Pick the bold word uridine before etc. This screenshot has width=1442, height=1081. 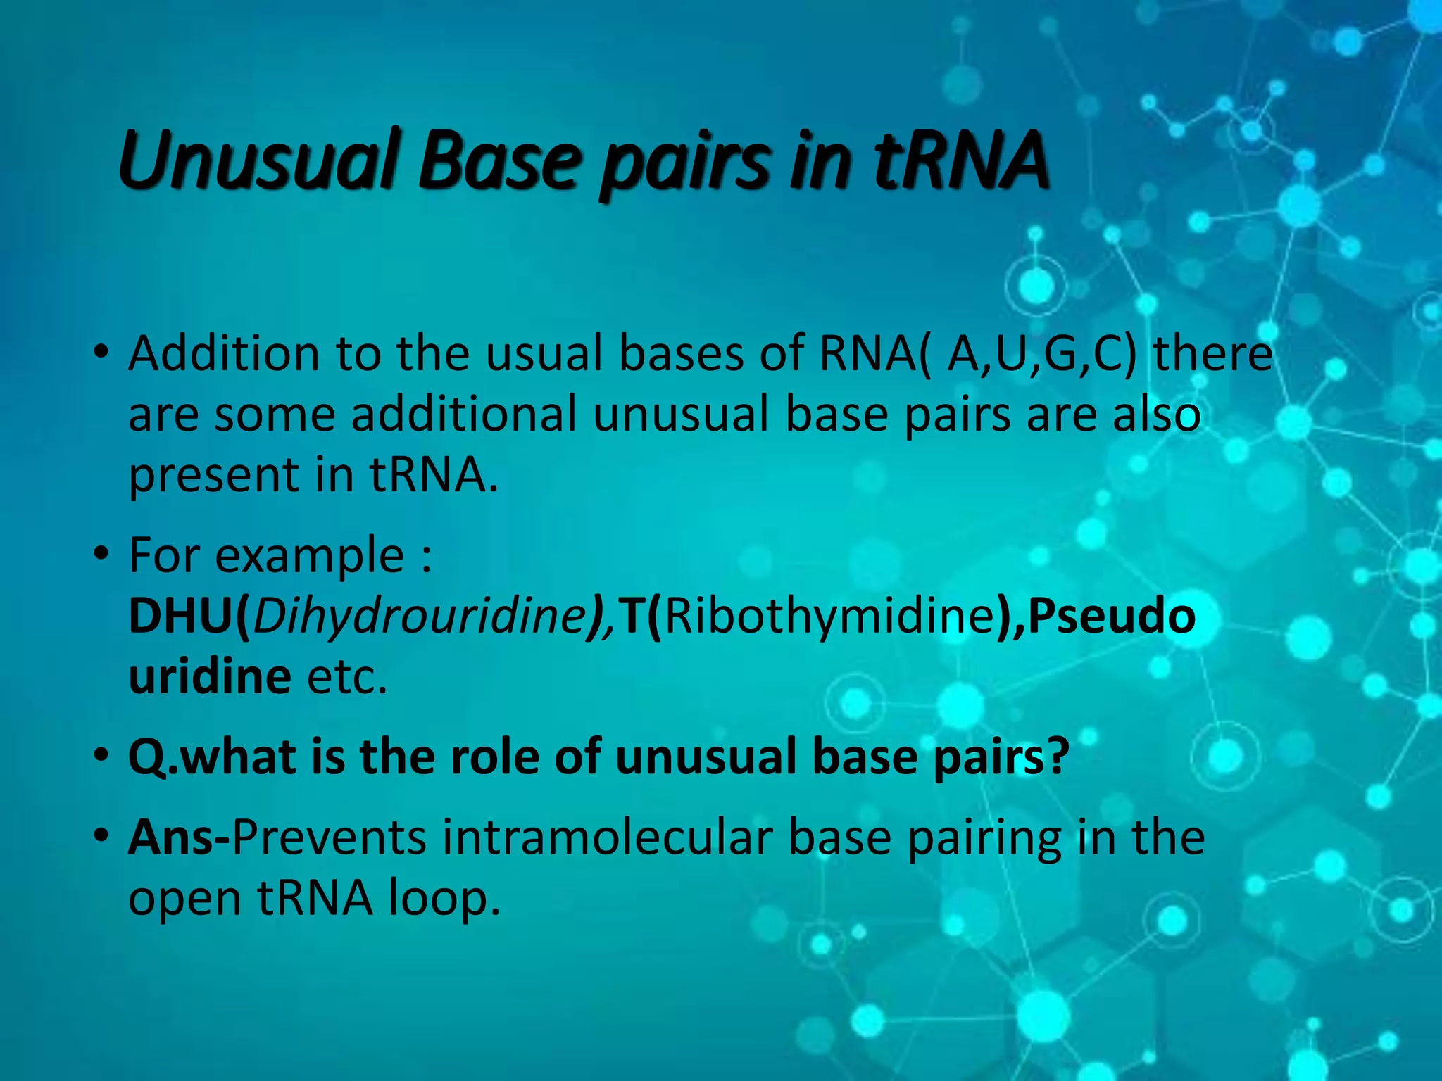(x=210, y=677)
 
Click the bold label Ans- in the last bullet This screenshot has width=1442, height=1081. (x=179, y=837)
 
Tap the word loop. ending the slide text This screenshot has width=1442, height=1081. (x=444, y=899)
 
